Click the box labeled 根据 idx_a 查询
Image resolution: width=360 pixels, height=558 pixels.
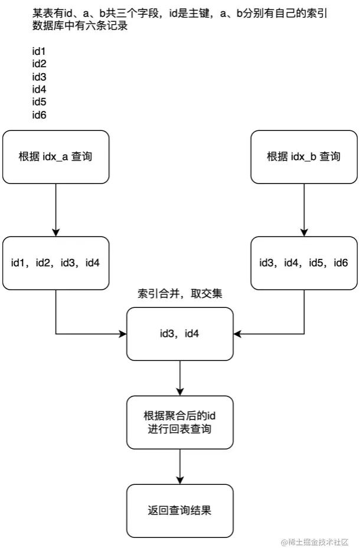click(55, 157)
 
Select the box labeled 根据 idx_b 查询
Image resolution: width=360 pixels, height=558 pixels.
click(303, 157)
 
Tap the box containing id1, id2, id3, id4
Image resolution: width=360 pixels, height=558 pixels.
click(55, 263)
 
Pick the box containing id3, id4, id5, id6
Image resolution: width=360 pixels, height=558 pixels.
click(303, 263)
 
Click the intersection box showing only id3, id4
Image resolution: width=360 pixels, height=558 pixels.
click(180, 334)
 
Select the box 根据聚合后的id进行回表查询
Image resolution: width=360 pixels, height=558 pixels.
click(180, 422)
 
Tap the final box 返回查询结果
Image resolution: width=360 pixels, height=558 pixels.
click(180, 511)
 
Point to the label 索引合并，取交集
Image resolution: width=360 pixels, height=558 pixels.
click(180, 294)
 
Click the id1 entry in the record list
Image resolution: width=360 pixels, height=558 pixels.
click(39, 51)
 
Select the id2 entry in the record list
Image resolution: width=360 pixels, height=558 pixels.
click(39, 64)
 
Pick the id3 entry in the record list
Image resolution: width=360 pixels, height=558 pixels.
click(39, 77)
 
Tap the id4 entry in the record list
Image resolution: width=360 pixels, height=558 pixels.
click(39, 89)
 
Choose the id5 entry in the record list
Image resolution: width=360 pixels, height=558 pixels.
click(39, 102)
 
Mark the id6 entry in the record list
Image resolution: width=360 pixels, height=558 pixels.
click(39, 114)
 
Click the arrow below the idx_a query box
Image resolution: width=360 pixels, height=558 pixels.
click(55, 209)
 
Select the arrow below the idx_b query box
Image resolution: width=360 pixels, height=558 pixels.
click(303, 209)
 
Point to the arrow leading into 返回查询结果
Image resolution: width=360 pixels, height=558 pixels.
click(180, 466)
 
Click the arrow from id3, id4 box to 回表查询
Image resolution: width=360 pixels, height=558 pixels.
click(180, 378)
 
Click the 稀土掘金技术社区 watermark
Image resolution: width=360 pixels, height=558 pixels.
click(315, 542)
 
